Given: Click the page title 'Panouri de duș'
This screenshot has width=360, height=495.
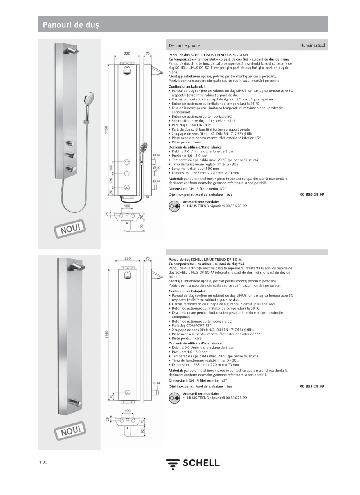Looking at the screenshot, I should pyautogui.click(x=71, y=25).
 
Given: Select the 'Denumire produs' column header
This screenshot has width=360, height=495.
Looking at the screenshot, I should pyautogui.click(x=185, y=45).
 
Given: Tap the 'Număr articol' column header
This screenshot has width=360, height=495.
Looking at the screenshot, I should pyautogui.click(x=312, y=45).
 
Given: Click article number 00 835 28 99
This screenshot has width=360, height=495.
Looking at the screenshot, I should pyautogui.click(x=312, y=194).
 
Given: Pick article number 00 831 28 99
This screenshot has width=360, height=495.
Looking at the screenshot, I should pyautogui.click(x=312, y=386).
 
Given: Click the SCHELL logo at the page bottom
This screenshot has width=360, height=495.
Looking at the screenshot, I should pyautogui.click(x=193, y=464).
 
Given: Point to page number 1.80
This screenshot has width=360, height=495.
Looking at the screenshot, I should pyautogui.click(x=43, y=463).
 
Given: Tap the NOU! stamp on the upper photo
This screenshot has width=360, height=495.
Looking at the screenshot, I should pyautogui.click(x=70, y=228).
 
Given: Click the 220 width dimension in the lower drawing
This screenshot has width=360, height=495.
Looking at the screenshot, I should pyautogui.click(x=128, y=258).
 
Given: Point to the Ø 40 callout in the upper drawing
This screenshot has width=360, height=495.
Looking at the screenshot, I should pyautogui.click(x=157, y=168).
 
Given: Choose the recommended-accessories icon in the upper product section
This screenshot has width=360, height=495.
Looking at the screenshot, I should pyautogui.click(x=174, y=206).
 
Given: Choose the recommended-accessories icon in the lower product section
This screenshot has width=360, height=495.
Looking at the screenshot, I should pyautogui.click(x=174, y=398).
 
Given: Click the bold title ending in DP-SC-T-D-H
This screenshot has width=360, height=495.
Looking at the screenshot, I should pyautogui.click(x=208, y=55).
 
